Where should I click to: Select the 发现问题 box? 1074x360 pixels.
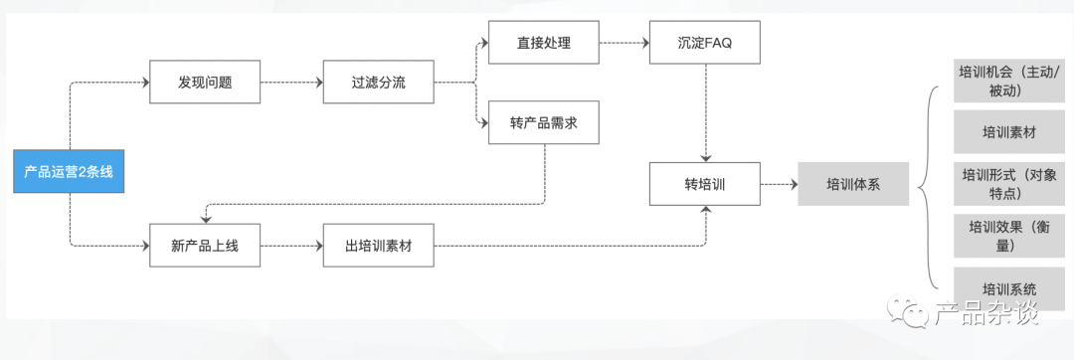tap(205, 83)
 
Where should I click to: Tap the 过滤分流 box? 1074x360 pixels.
tap(379, 83)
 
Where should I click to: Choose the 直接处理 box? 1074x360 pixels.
tap(544, 43)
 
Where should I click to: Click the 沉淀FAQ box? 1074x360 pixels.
tap(705, 43)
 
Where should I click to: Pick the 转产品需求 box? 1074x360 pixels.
tap(544, 122)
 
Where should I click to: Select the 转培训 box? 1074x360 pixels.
tap(705, 184)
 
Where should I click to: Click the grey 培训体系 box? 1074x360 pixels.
tap(853, 184)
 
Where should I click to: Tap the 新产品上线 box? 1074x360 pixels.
tap(205, 246)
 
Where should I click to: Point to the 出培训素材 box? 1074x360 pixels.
tap(379, 246)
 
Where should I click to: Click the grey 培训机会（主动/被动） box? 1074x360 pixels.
tap(1008, 81)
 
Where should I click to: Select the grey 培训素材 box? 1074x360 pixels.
tap(1008, 132)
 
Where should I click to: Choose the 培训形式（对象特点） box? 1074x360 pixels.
tap(1008, 184)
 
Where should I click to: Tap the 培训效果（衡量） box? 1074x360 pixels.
tap(1008, 236)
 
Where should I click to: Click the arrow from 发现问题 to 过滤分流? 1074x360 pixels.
tap(291, 83)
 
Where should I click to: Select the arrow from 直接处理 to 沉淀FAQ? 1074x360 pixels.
tap(624, 43)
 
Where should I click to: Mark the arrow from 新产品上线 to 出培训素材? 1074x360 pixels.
tap(291, 246)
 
